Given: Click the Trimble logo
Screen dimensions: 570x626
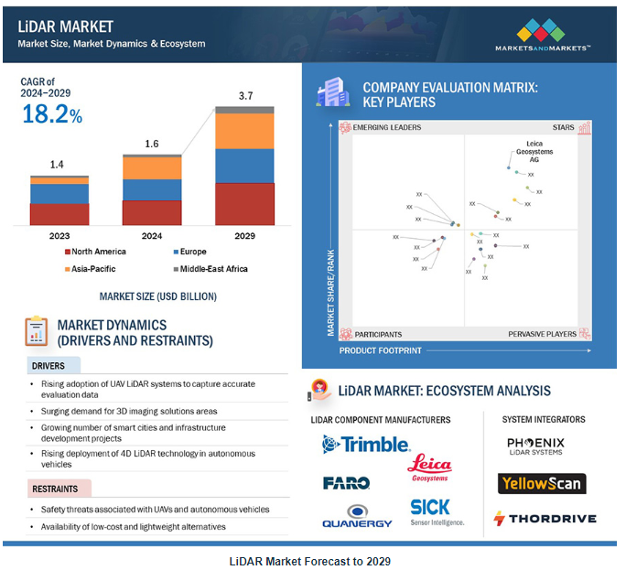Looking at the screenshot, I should pos(366,445).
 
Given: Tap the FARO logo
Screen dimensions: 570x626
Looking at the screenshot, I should pos(346,482).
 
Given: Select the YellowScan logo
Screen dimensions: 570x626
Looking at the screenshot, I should pos(542,483).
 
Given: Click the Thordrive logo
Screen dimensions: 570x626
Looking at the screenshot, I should pos(545,518).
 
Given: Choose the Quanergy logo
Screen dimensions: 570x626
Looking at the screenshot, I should pos(357,517).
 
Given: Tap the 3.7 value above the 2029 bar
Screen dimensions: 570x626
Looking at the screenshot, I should pos(244,95).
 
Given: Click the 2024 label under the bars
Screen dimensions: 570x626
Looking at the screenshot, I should pos(152,235).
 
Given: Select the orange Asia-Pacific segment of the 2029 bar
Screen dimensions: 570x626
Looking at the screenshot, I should pos(244,131).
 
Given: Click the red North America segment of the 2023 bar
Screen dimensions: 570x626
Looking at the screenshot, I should pos(59,214).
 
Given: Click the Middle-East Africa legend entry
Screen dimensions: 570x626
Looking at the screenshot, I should pos(210,269).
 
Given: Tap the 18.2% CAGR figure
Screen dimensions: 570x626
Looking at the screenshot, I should pos(51,115).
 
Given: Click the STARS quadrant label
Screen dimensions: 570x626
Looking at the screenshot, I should pos(563,127).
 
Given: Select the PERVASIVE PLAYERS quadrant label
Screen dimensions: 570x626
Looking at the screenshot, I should pos(542,335).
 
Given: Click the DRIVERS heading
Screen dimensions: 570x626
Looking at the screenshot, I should pos(49,366).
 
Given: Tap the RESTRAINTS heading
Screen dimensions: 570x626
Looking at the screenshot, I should pos(54,489).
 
